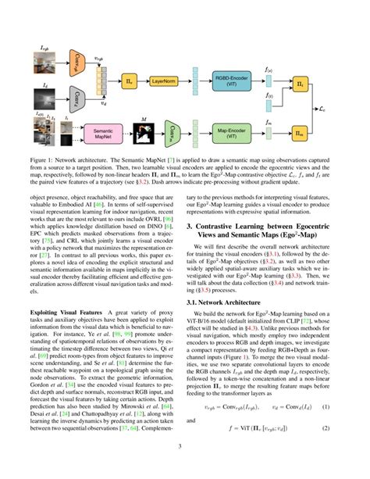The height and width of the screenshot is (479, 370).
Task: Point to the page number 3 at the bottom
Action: tap(185, 469)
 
